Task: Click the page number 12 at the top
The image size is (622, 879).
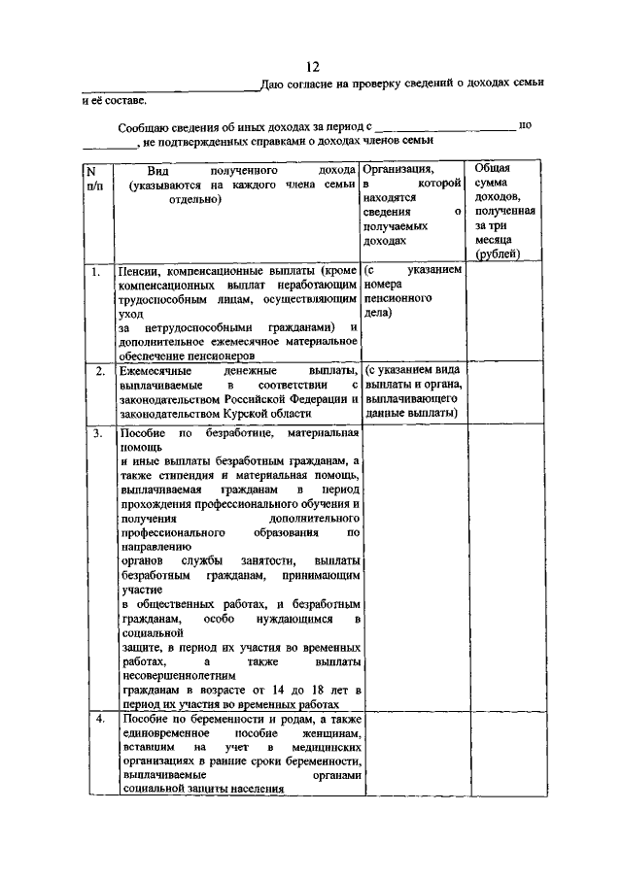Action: pos(312,66)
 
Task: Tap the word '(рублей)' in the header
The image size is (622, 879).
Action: pos(497,254)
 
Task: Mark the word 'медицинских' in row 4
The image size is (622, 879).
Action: pos(327,747)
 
